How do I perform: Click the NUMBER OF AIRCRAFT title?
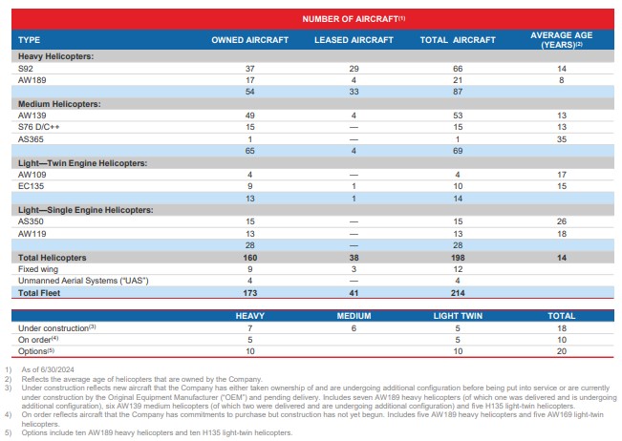point(354,19)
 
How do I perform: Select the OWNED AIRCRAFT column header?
point(250,40)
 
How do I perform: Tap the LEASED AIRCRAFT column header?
point(354,40)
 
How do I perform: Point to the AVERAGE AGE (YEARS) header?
point(561,40)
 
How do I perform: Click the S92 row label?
point(26,69)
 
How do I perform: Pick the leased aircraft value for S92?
point(354,69)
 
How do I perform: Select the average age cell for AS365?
point(561,139)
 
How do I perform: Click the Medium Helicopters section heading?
point(59,104)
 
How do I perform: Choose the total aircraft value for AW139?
point(458,115)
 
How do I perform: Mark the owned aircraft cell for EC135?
point(250,186)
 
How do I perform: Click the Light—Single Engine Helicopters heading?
point(86,210)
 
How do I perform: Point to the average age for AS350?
point(561,221)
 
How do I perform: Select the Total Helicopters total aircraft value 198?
point(458,258)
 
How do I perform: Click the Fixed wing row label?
point(38,269)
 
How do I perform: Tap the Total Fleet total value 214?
point(458,293)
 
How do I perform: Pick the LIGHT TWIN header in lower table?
point(458,316)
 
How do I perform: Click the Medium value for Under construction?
point(354,328)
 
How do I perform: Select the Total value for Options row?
point(561,351)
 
